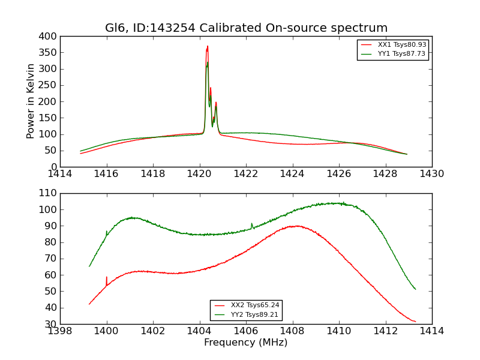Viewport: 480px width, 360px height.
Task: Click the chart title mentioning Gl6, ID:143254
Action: tap(246, 28)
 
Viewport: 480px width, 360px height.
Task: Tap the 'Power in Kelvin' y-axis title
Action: tap(31, 101)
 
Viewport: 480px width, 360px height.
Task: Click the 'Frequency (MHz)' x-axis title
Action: tap(246, 343)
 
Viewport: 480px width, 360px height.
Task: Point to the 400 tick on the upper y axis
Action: tap(49, 37)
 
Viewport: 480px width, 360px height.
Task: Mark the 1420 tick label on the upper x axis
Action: tap(200, 174)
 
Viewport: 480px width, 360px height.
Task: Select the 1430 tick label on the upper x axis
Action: tap(431, 174)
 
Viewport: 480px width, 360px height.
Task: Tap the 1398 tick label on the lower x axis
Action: tap(61, 331)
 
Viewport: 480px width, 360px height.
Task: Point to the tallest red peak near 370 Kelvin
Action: tap(208, 46)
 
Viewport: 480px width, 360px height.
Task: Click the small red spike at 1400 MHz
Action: tap(107, 278)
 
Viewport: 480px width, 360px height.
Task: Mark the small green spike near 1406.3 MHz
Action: tap(252, 224)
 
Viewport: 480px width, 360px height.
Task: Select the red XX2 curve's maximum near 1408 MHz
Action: tap(296, 226)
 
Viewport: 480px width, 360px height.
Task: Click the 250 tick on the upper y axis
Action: tap(49, 85)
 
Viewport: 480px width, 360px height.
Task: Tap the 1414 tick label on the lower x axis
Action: tap(431, 331)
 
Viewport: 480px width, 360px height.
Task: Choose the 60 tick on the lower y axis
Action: tap(51, 275)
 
